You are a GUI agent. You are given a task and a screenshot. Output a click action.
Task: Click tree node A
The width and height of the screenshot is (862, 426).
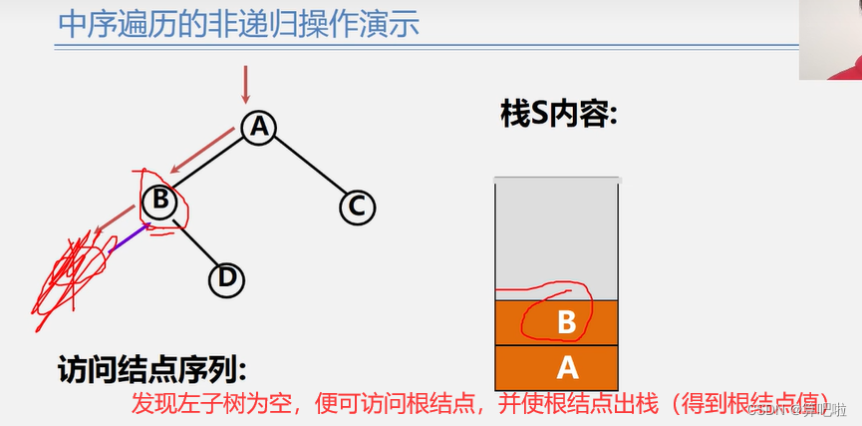click(259, 127)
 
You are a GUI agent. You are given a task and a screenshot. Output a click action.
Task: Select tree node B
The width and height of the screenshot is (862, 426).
click(158, 202)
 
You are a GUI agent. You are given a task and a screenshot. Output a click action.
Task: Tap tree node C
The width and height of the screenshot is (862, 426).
click(356, 207)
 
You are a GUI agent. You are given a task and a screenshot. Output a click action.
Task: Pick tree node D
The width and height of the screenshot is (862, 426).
click(226, 279)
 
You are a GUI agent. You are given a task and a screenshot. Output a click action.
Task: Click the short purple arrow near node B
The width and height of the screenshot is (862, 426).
click(128, 237)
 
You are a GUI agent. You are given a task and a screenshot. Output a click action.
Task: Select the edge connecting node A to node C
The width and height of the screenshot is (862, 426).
click(308, 167)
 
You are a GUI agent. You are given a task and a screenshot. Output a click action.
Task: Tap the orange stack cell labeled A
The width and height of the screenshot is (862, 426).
click(557, 367)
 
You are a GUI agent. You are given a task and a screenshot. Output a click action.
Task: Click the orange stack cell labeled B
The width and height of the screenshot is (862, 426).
click(557, 322)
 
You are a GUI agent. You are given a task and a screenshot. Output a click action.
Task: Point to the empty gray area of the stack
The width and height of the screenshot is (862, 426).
click(557, 234)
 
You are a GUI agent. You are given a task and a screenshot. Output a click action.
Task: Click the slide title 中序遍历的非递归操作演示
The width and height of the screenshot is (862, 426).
click(238, 24)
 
